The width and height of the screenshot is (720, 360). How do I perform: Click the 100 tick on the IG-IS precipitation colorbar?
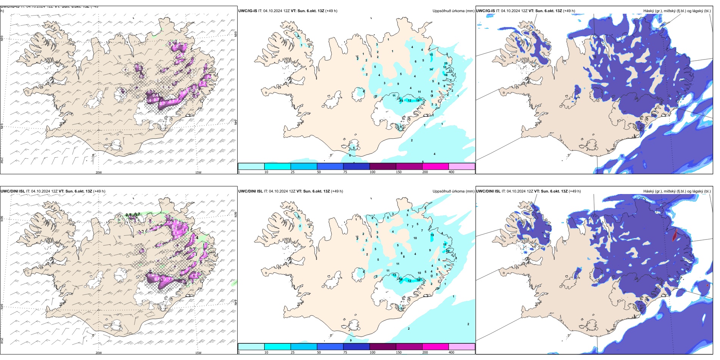click(x=373, y=172)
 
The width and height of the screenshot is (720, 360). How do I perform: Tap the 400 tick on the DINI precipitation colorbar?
click(x=451, y=352)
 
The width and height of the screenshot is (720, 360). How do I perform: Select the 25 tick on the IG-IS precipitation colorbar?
click(x=293, y=172)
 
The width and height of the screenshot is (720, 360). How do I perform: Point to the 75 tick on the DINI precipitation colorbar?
click(x=345, y=352)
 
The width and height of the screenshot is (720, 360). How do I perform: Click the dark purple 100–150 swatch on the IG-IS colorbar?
click(x=383, y=166)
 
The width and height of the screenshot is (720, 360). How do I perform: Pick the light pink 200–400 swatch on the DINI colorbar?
click(x=462, y=346)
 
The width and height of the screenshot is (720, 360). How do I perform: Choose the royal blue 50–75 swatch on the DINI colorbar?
click(x=330, y=346)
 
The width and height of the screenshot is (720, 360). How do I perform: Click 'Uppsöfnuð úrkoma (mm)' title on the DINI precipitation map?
click(x=453, y=191)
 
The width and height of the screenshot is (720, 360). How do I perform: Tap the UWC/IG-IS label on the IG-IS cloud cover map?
click(x=485, y=11)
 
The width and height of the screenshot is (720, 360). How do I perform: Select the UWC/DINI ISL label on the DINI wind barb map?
click(x=13, y=191)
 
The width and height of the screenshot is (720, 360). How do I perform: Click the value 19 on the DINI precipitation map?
click(x=432, y=235)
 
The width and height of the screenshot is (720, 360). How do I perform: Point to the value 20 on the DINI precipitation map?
click(x=448, y=251)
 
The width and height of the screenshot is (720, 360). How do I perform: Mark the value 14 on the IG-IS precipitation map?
click(x=431, y=70)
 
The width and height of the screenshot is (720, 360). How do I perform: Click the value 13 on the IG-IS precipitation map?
click(x=445, y=67)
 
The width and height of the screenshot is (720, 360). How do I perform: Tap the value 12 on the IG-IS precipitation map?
click(x=409, y=101)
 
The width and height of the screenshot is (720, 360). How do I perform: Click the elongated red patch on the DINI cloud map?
click(x=675, y=235)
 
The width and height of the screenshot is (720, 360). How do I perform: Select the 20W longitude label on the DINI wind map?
click(x=99, y=353)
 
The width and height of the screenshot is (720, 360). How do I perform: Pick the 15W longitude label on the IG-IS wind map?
click(x=198, y=172)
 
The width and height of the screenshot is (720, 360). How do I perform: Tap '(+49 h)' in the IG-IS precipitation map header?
click(x=331, y=11)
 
